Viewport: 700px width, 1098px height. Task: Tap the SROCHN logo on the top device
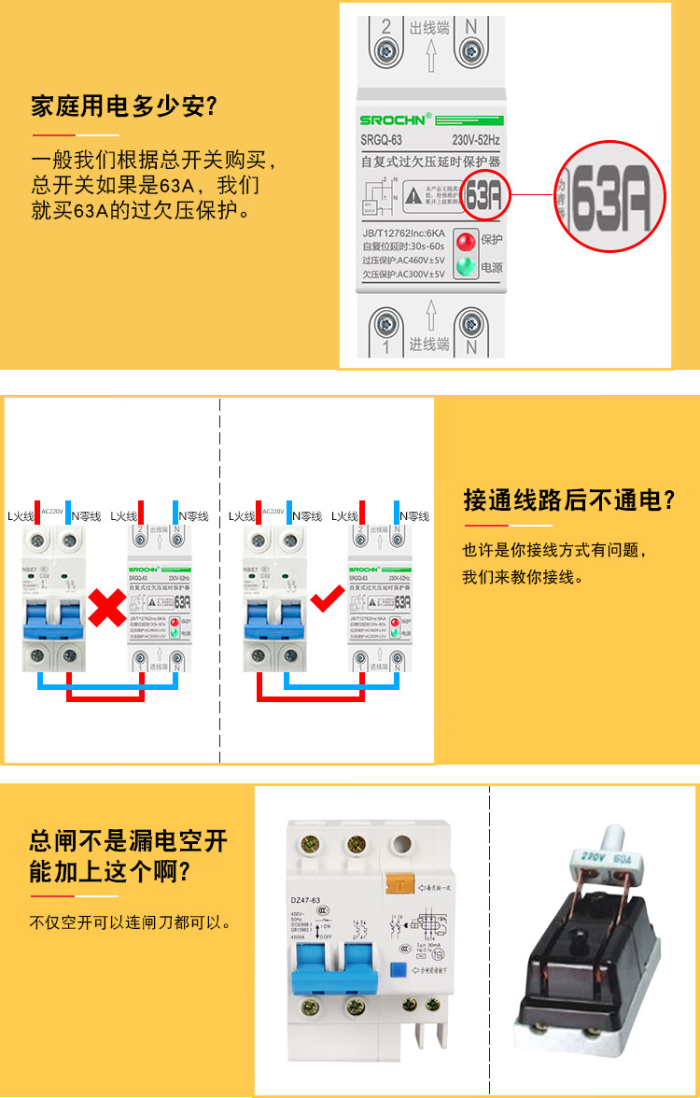pos(396,120)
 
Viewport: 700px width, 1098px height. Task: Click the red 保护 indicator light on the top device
pos(464,239)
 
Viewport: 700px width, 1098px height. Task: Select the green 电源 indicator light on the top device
pos(464,268)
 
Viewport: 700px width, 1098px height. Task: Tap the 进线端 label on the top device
pos(429,345)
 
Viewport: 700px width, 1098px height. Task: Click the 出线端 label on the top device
pos(429,28)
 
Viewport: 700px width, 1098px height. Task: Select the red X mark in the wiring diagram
pos(108,608)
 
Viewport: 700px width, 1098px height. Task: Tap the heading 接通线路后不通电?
pos(568,500)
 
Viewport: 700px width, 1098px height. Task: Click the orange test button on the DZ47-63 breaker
pos(402,881)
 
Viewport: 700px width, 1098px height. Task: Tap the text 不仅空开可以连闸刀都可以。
pos(131,922)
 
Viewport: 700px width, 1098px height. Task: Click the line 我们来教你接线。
pos(523,577)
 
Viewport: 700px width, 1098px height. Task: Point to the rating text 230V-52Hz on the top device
pos(476,140)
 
